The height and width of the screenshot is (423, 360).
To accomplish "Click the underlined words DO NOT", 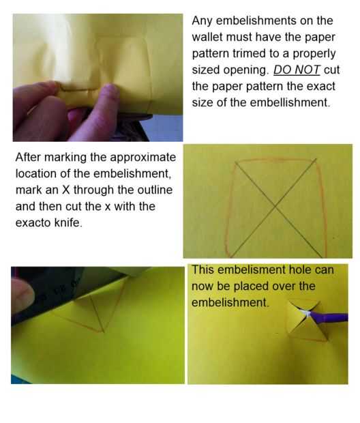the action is pos(297,70).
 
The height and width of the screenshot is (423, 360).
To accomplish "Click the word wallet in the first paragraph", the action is pos(207,37).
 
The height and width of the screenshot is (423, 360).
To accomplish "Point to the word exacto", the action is pos(33,223).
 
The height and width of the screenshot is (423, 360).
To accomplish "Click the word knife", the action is pos(68,223).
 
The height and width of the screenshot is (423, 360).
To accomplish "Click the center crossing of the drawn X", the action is pos(275,207).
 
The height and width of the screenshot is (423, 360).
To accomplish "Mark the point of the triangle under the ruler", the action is pos(103,332).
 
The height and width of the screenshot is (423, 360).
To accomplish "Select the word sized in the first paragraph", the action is pos(208,70).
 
